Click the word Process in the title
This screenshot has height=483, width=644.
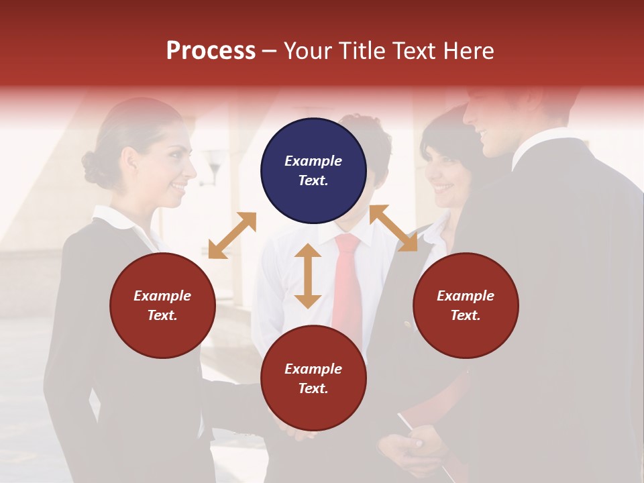pyautogui.click(x=211, y=50)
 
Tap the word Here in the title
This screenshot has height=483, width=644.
pyautogui.click(x=466, y=50)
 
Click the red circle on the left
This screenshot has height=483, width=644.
pyautogui.click(x=162, y=305)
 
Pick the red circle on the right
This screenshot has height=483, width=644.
pyautogui.click(x=466, y=305)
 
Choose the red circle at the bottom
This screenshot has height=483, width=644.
pyautogui.click(x=313, y=378)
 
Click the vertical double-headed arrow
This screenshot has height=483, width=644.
pyautogui.click(x=308, y=276)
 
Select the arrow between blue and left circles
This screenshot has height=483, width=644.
pyautogui.click(x=232, y=235)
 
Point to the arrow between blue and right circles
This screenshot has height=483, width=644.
pyautogui.click(x=393, y=228)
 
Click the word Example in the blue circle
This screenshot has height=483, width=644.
pyautogui.click(x=313, y=161)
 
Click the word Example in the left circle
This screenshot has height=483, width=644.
pyautogui.click(x=162, y=296)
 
